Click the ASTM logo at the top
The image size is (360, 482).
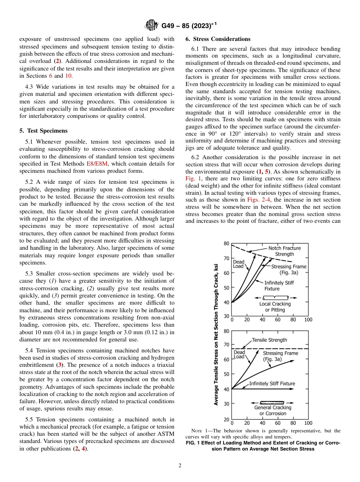coord(152,26)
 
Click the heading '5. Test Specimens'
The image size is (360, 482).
coord(43,131)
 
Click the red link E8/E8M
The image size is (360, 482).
coord(97,164)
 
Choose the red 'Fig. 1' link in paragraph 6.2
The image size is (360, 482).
coord(193,178)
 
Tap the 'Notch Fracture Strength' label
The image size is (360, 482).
coord(284,251)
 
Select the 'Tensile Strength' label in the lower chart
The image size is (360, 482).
coord(269,340)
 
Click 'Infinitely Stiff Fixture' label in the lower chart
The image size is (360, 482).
coord(272,383)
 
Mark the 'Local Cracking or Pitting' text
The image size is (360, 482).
coord(275,307)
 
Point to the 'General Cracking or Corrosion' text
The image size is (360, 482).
coord(273,410)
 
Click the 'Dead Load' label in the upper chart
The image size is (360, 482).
coord(238,264)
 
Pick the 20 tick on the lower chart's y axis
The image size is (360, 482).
coord(226,419)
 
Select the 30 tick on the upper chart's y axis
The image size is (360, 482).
coord(226,316)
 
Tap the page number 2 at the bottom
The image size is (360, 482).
coord(180,466)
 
